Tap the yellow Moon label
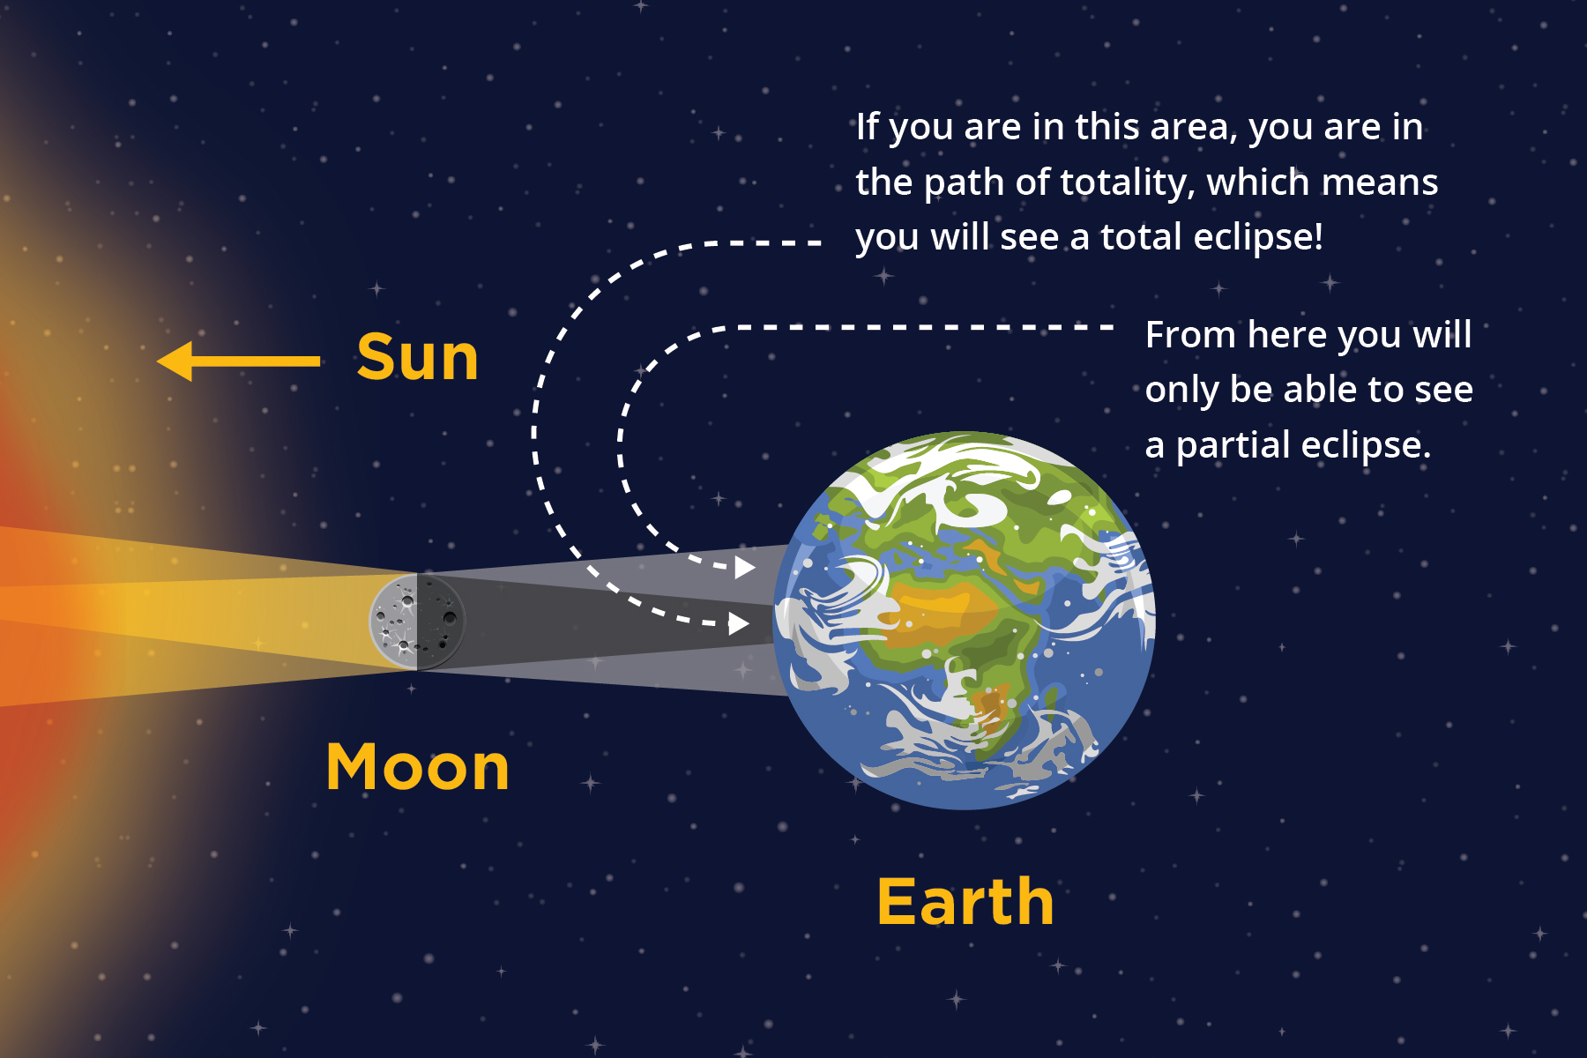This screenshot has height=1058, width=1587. pyautogui.click(x=418, y=767)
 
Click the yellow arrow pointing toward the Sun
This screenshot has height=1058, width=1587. pyautogui.click(x=238, y=361)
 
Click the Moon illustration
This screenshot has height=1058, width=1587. pyautogui.click(x=417, y=622)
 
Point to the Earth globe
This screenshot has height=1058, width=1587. pyautogui.click(x=964, y=620)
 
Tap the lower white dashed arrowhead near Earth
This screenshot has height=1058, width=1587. pyautogui.click(x=739, y=624)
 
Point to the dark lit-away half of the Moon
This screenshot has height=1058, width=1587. pyautogui.click(x=441, y=622)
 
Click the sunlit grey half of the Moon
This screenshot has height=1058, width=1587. pyautogui.click(x=393, y=622)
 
